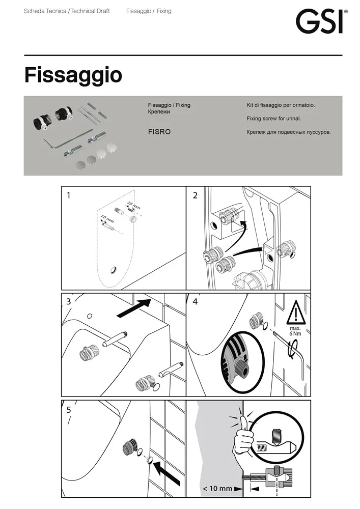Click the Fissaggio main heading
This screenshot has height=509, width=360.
point(73,75)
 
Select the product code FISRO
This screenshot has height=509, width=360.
point(159,132)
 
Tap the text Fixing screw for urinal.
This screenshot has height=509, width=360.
point(273,119)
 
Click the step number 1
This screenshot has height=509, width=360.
point(69,195)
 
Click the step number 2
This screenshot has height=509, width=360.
point(195,195)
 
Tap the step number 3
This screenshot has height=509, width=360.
point(69,301)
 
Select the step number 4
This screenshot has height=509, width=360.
point(195,301)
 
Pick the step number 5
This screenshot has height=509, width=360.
point(69,410)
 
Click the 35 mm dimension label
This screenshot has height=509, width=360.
point(133,205)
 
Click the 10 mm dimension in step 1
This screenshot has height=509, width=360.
point(107,218)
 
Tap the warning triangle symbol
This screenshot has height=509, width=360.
point(296,313)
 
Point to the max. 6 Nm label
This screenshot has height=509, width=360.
point(295,331)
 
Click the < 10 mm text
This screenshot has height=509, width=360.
point(218,488)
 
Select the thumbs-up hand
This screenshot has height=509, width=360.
point(242,434)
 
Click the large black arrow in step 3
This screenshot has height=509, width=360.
point(133,308)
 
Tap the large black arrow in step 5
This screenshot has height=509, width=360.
point(166,473)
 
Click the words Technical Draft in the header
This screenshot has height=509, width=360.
point(90,11)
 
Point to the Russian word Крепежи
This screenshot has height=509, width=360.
point(159,111)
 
